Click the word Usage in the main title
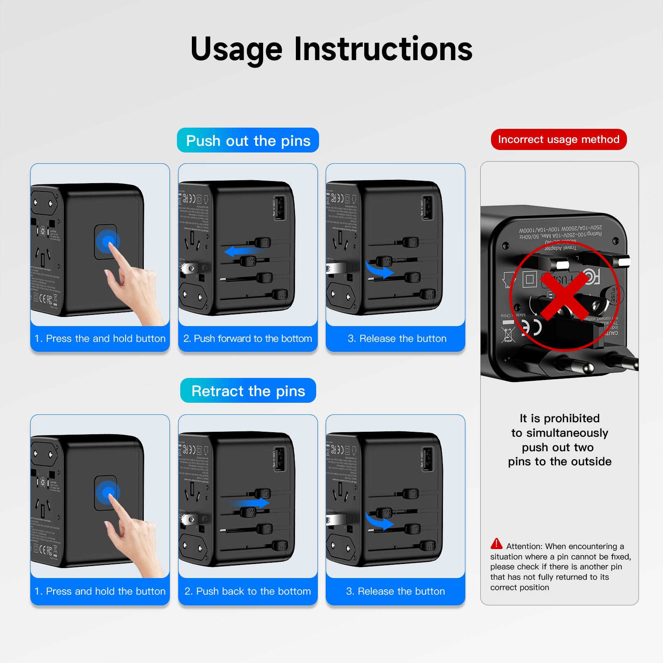[236, 50]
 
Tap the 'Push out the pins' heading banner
[248, 140]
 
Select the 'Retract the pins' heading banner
[248, 391]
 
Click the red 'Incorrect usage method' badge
[559, 140]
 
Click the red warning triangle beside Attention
[496, 544]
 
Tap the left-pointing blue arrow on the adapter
[242, 251]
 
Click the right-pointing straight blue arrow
[249, 503]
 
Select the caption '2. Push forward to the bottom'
[247, 339]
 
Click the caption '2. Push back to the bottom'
[247, 591]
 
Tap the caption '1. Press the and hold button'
[100, 339]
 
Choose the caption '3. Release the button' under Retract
[395, 591]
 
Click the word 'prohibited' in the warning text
[572, 419]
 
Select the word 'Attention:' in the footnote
[525, 547]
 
